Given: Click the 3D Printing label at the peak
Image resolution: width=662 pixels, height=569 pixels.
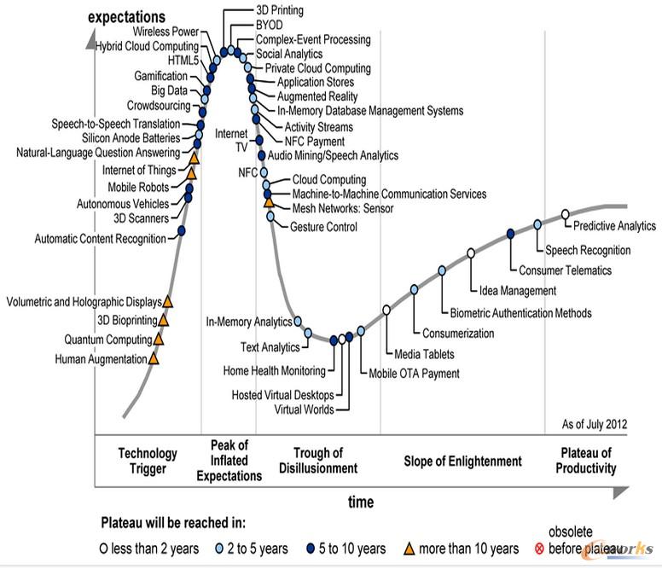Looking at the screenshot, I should click(281, 10).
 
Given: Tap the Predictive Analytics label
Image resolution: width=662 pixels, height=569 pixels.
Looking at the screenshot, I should click(614, 226).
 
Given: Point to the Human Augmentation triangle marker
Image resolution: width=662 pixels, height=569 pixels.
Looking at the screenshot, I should click(154, 358).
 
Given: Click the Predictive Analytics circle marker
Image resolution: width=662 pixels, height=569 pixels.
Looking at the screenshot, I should click(565, 214).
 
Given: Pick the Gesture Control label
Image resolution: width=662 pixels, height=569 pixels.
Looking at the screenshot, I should click(323, 227).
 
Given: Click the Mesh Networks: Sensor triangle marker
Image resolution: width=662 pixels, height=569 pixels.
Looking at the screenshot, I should click(270, 202).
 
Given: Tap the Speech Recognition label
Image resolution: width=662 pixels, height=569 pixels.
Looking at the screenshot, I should click(588, 251).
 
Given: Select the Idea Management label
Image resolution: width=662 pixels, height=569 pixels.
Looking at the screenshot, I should click(518, 291).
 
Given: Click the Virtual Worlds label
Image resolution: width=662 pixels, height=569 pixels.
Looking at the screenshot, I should click(305, 409).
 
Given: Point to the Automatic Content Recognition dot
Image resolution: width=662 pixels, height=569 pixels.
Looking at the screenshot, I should click(182, 230).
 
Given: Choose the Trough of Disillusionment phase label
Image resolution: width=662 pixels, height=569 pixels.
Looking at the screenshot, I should click(317, 461).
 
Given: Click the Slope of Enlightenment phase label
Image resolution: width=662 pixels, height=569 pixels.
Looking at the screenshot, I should click(462, 462).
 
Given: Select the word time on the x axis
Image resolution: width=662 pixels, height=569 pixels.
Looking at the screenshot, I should click(360, 502).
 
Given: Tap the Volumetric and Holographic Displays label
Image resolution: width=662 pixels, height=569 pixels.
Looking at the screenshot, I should click(83, 302).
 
